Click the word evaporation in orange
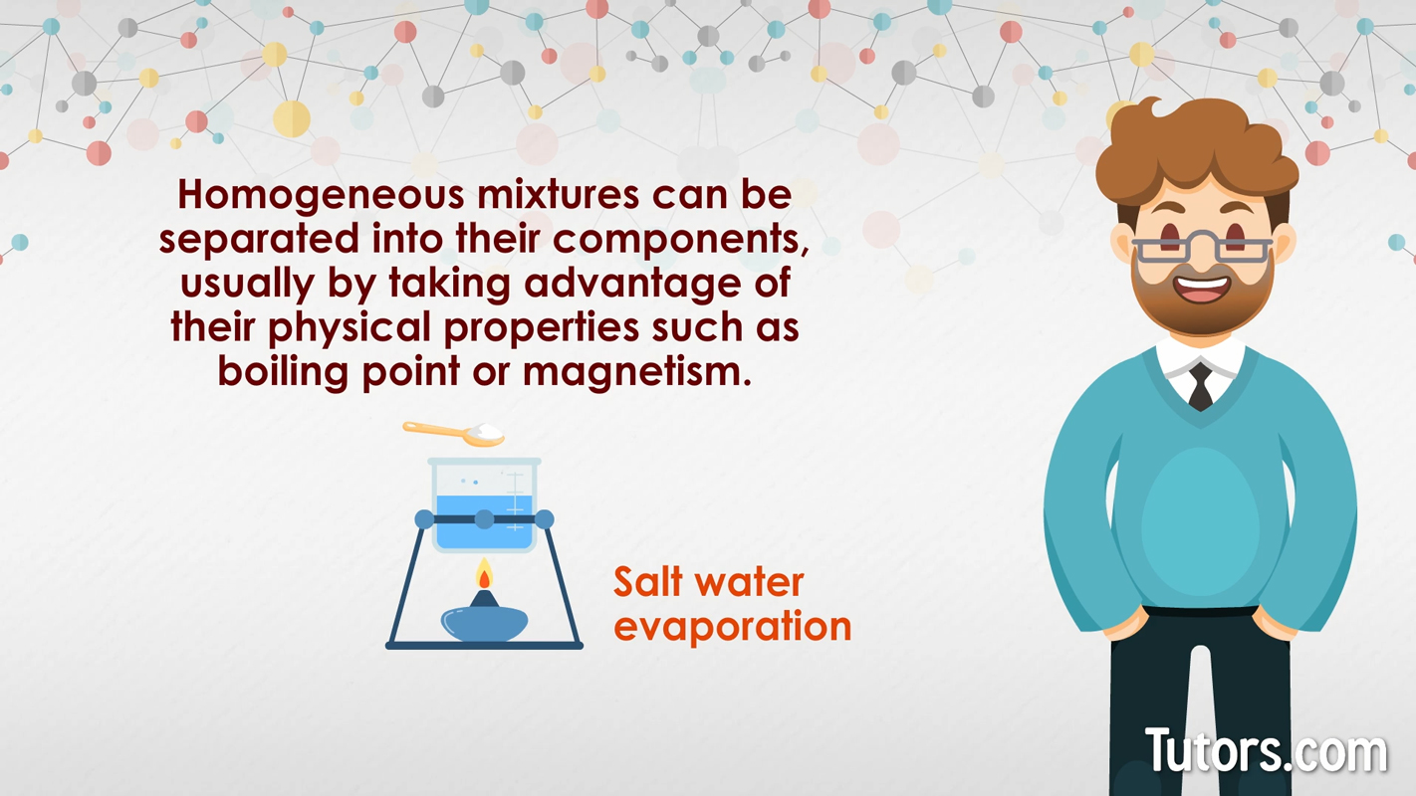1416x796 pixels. pos(732,627)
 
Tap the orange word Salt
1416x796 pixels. pos(652,581)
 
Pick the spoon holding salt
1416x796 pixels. pos(454,433)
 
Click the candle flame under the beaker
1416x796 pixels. pos(484,575)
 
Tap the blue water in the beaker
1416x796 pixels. pos(484,535)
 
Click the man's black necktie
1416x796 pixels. pos(1201,387)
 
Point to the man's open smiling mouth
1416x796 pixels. pos(1203,289)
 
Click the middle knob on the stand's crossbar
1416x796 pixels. pos(484,518)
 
